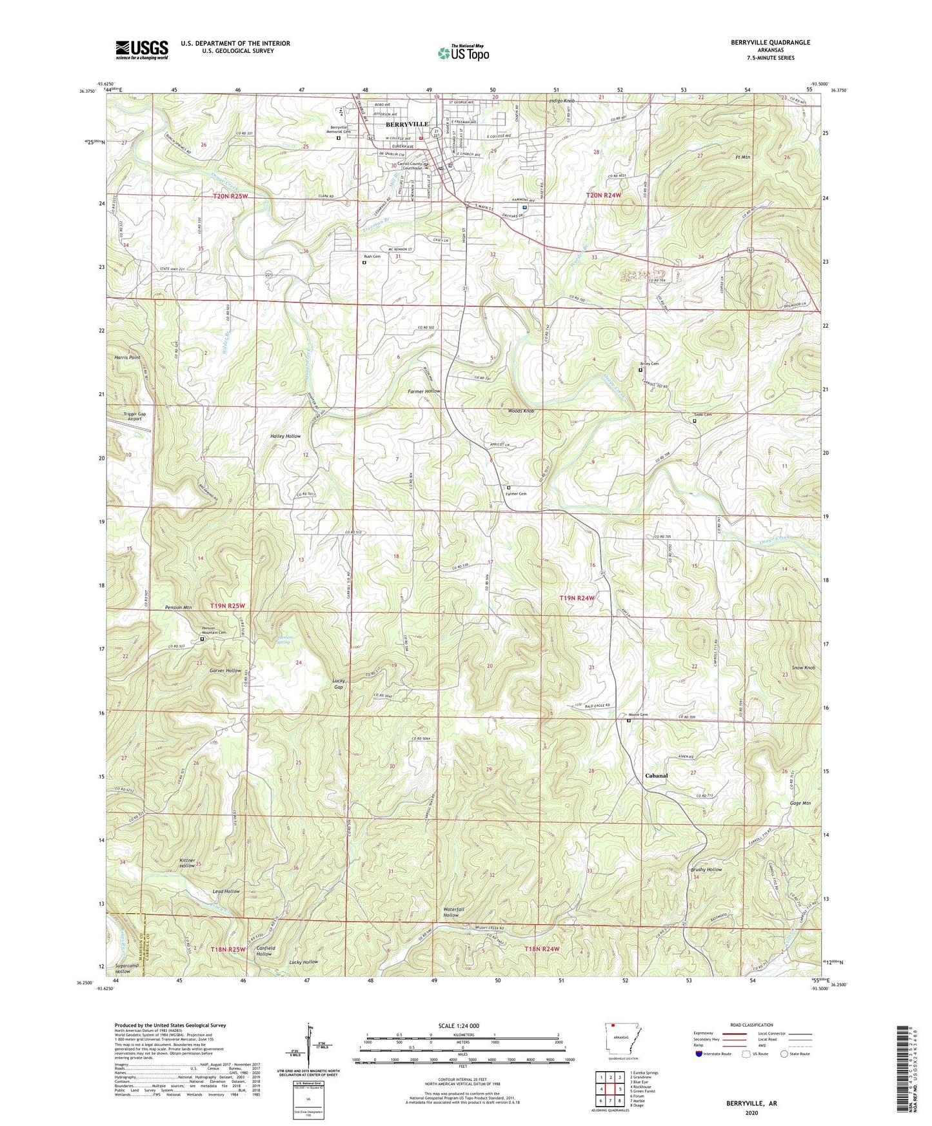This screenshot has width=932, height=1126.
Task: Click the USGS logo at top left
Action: coord(141,50)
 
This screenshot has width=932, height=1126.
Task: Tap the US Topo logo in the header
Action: coord(462,53)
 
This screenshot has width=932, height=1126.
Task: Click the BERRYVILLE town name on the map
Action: coord(406,124)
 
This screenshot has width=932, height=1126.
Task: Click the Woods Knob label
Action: coord(521,411)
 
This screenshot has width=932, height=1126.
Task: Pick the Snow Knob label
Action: coord(803,667)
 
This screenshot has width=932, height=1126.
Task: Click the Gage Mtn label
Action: coord(800,803)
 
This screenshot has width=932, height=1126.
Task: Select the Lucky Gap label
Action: coord(339,684)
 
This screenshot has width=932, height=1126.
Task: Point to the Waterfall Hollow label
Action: coord(450,912)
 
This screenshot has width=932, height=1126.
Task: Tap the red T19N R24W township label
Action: coord(576,598)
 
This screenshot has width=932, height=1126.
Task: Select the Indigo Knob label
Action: coord(560,102)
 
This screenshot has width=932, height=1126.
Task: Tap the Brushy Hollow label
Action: coord(706,869)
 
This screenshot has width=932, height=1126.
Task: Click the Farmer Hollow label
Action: coord(424,391)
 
